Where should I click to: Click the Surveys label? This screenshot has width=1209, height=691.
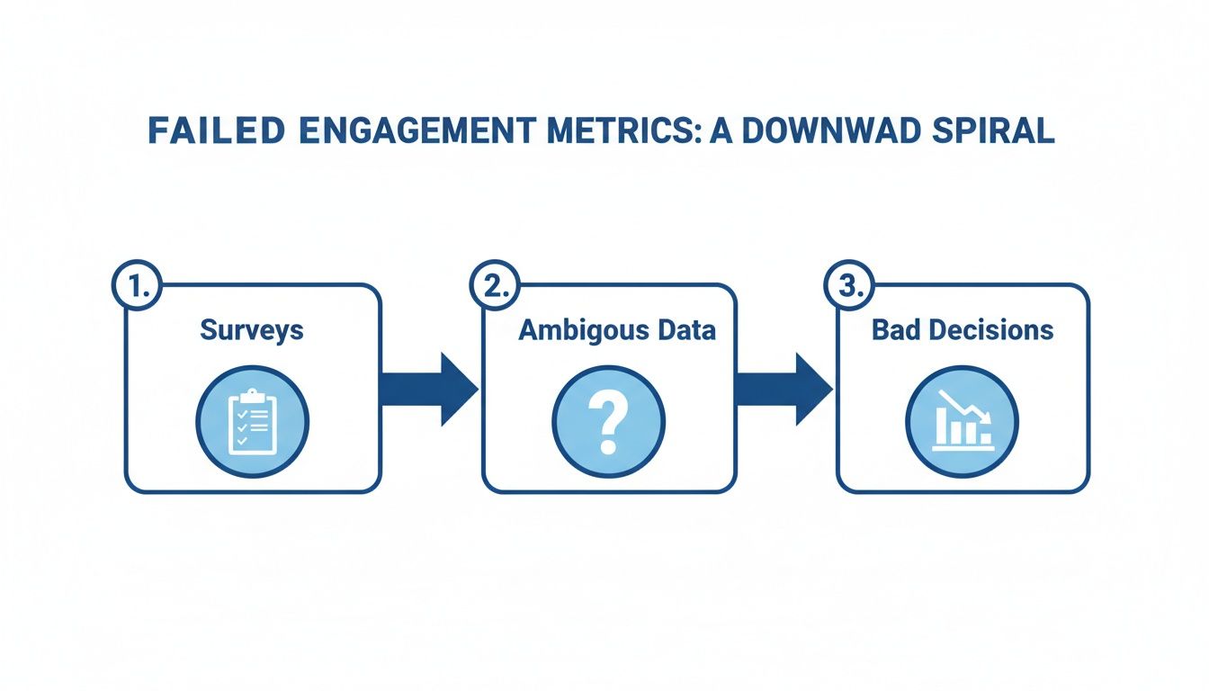252,330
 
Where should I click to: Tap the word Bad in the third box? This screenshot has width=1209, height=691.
897,330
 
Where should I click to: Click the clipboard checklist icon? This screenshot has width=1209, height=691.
252,421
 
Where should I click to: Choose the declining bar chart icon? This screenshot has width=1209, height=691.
963,421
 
